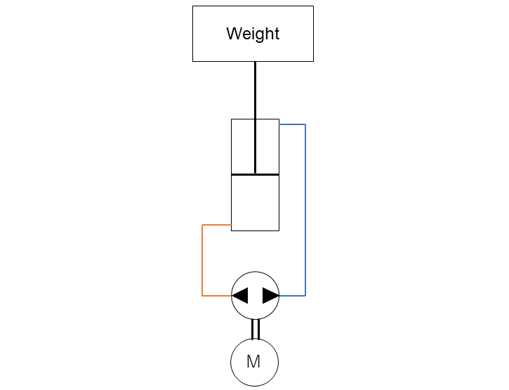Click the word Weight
(253, 34)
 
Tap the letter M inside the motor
(253, 361)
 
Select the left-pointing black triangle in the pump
(240, 295)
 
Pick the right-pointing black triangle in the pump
(271, 295)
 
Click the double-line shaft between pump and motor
(256, 330)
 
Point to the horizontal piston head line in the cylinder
(255, 175)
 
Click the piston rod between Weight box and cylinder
(255, 117)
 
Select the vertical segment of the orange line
(202, 260)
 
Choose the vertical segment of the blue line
(305, 210)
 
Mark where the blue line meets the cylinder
(279, 124)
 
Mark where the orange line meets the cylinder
(231, 225)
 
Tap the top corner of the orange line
(202, 225)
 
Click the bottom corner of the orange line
(202, 296)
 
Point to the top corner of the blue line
(305, 124)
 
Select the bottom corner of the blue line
(305, 296)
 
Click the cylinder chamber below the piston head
(255, 203)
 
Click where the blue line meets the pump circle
(279, 296)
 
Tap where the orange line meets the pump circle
(232, 296)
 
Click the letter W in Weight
(233, 34)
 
